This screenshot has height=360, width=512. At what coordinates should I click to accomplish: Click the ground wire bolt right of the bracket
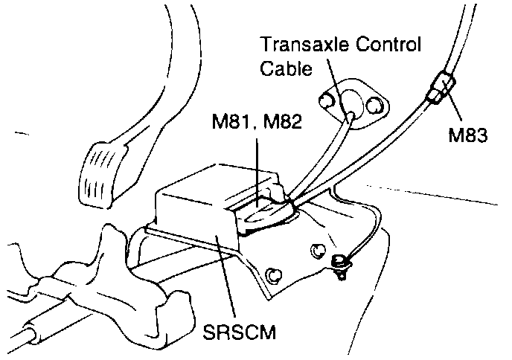[x=341, y=262]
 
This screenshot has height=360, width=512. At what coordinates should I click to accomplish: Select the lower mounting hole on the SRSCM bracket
[x=275, y=276]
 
